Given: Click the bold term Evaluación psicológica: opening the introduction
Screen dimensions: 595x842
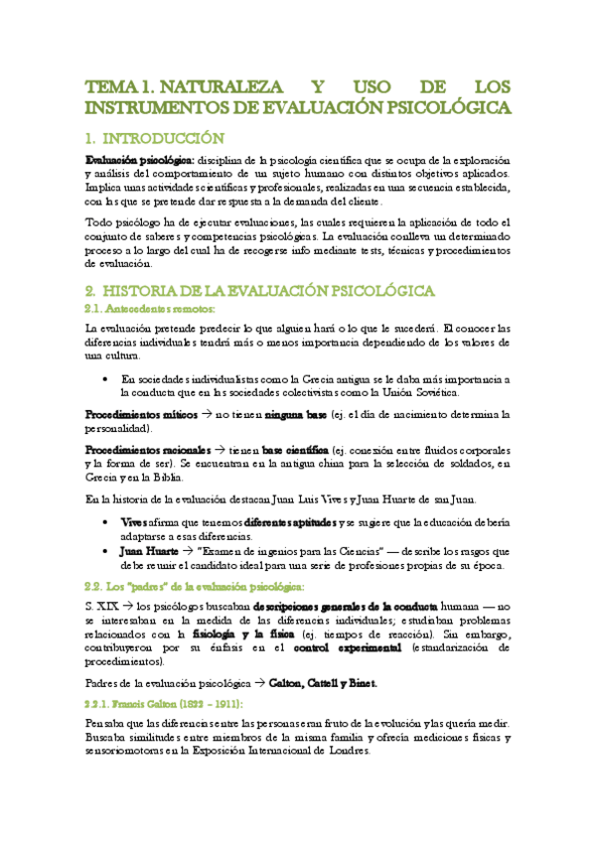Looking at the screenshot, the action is (139, 160).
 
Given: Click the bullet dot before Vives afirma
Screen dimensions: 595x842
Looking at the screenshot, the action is (106, 521).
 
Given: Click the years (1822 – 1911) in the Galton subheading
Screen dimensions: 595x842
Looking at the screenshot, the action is (217, 704).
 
